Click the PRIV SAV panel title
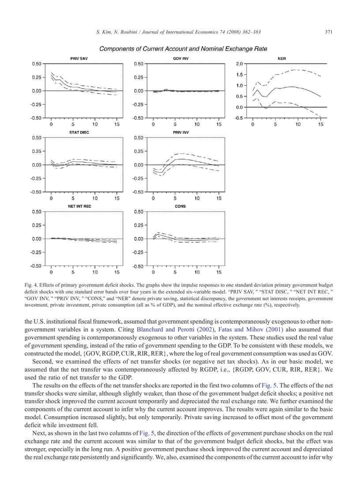[79, 58]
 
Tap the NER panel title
[281, 58]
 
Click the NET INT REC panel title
[79, 206]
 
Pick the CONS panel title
[180, 206]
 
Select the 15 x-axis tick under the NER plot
[321, 125]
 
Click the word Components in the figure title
[117, 48]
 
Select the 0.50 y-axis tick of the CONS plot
[139, 212]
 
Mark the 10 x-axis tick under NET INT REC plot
[95, 272]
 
